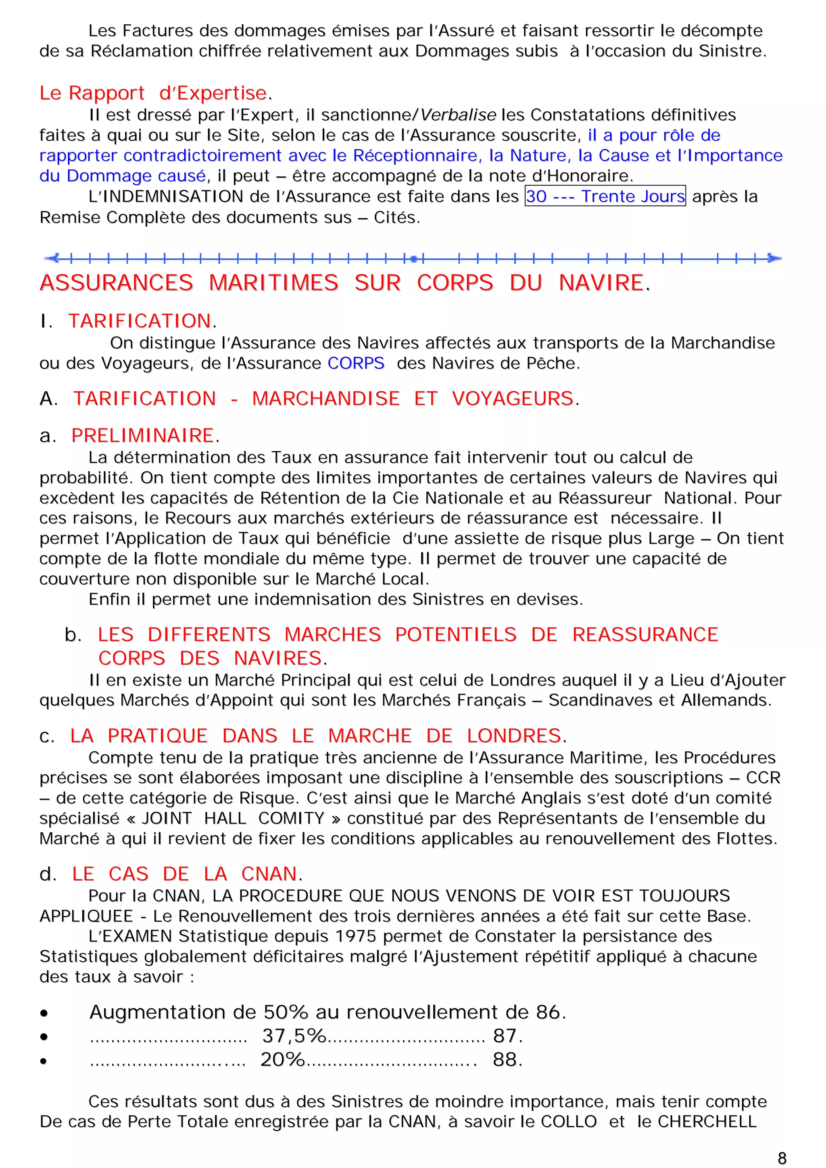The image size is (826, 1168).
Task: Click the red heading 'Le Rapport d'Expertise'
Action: click(153, 93)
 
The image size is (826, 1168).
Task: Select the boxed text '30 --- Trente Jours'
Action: click(605, 196)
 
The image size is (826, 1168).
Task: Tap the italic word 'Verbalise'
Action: click(458, 115)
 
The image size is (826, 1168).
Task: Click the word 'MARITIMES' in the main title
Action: click(274, 283)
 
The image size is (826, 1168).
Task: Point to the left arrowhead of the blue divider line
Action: click(53, 258)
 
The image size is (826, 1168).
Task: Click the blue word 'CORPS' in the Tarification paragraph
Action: click(356, 363)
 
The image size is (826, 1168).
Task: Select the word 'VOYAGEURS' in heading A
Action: click(513, 398)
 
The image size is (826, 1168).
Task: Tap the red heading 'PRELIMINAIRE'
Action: click(142, 435)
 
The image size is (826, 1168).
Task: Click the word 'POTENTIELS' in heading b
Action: click(455, 634)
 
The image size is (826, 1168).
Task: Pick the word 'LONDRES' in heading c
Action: click(514, 736)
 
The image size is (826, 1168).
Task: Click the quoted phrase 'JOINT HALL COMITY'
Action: click(233, 818)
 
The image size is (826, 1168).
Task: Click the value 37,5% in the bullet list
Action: click(294, 1035)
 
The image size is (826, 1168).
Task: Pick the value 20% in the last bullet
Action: click(282, 1059)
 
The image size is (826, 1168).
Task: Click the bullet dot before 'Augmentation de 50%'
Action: click(44, 1013)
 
